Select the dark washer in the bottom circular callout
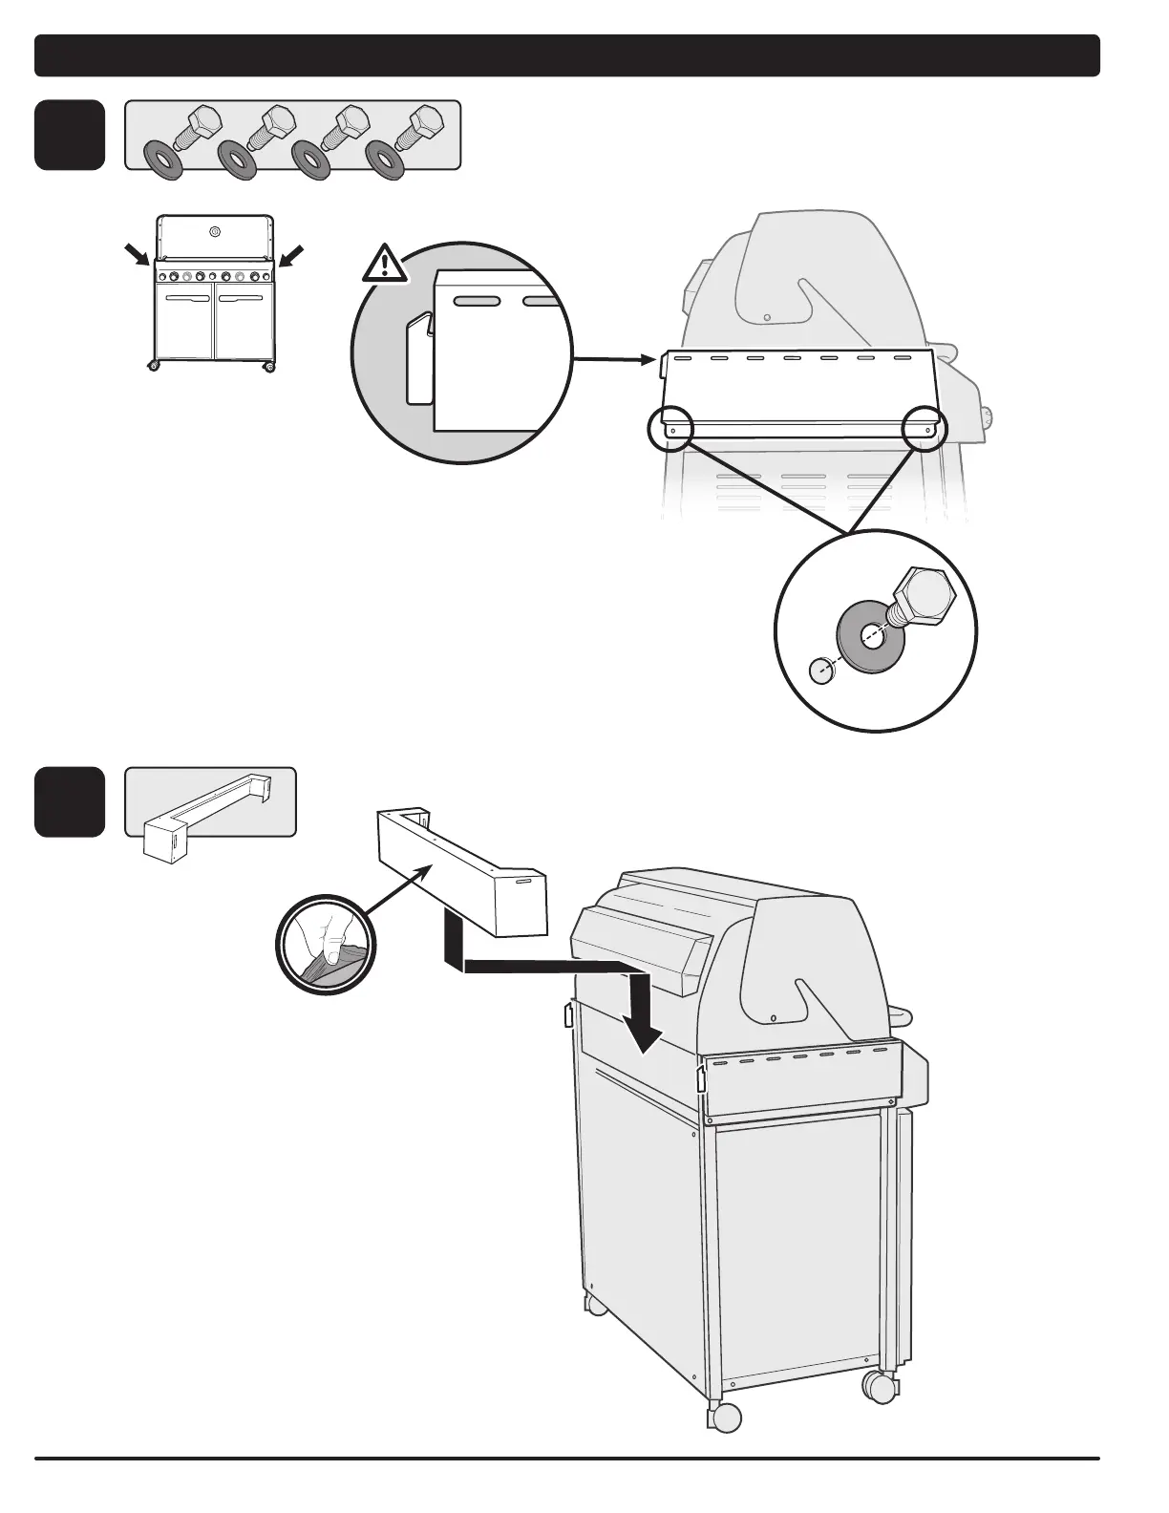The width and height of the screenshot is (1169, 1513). tap(872, 635)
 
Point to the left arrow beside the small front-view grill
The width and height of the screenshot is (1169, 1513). tap(137, 255)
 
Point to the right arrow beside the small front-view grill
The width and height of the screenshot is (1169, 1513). tap(292, 255)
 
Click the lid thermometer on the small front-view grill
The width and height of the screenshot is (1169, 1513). tap(214, 231)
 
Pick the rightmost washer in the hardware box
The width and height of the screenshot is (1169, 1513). tap(386, 160)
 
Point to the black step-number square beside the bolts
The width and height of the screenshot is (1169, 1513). tap(70, 135)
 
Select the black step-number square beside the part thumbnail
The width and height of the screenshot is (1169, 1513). tap(70, 801)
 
